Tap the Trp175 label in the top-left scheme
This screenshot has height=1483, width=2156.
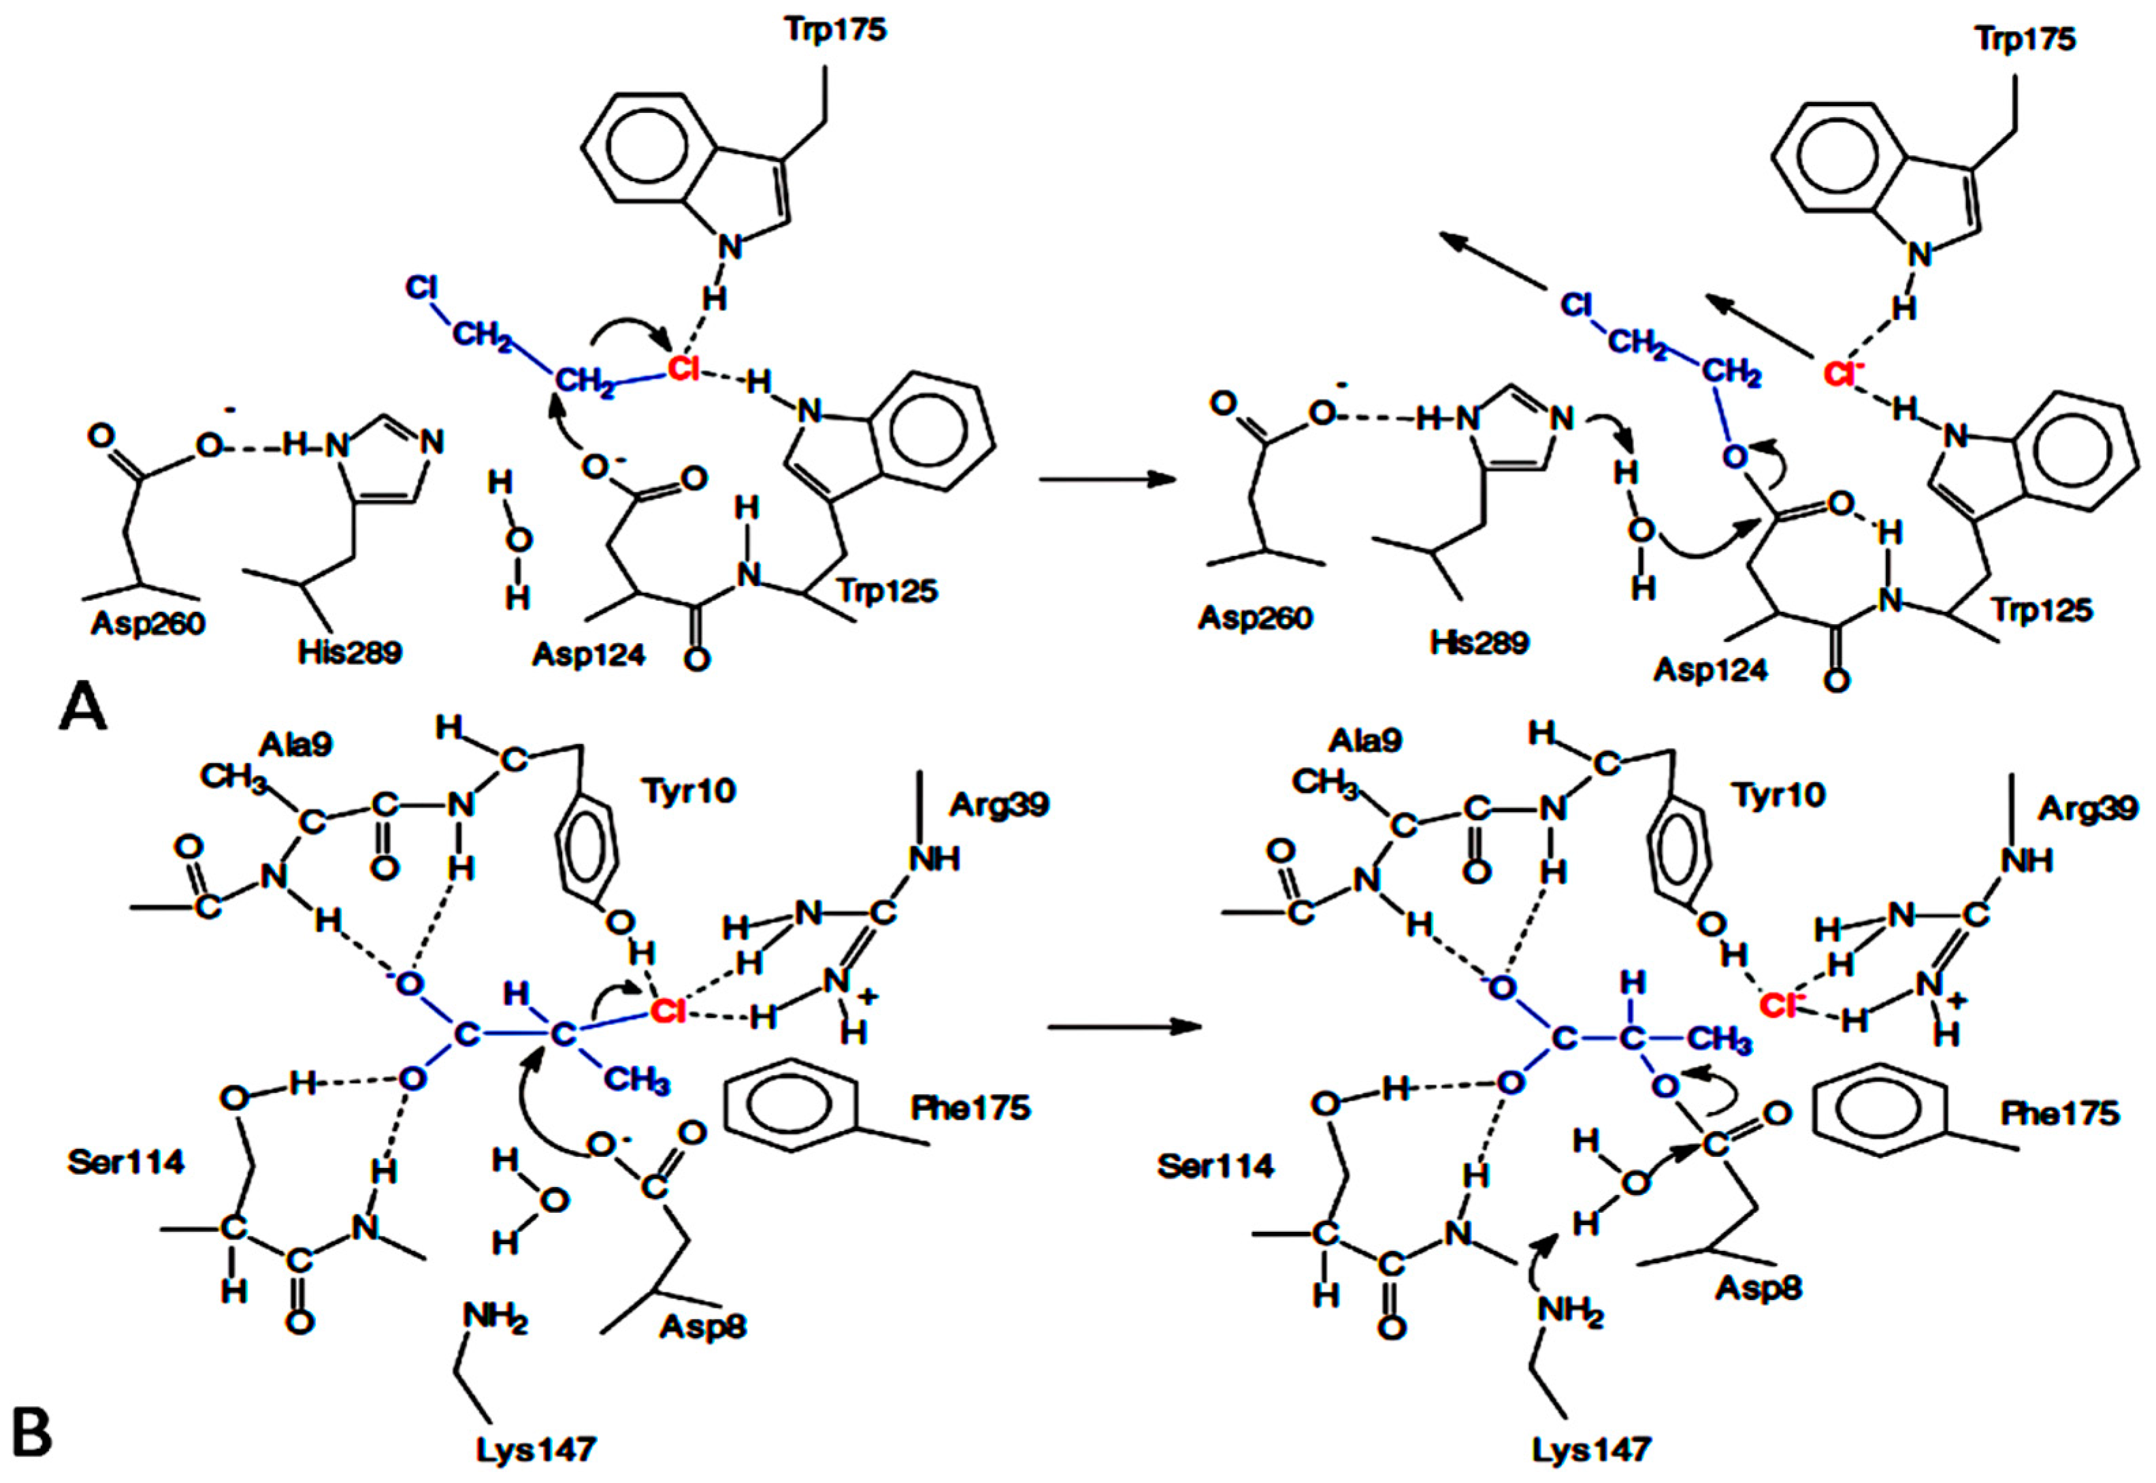835,31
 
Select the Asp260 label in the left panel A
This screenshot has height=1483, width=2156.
148,623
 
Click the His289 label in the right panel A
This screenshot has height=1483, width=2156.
1479,642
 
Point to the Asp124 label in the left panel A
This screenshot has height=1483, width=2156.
588,655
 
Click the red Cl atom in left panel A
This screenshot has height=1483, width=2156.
683,369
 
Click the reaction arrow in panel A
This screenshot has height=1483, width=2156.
1105,479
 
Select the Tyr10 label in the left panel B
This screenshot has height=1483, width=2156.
687,792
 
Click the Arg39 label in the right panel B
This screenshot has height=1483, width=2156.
2087,809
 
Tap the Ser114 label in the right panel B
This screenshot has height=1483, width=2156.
1215,1166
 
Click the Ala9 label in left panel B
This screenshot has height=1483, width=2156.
296,745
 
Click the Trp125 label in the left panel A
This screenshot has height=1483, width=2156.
887,591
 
